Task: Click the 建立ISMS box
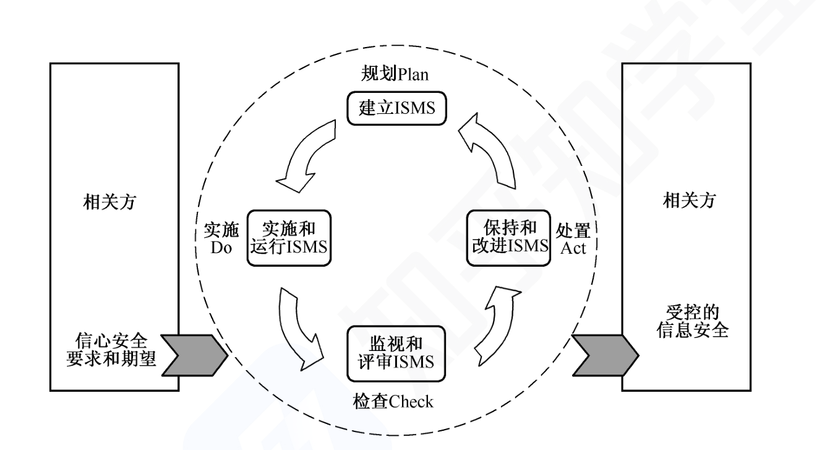396,109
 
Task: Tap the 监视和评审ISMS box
396,350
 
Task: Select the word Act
572,248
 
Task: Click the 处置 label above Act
573,230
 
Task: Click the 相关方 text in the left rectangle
114,202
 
